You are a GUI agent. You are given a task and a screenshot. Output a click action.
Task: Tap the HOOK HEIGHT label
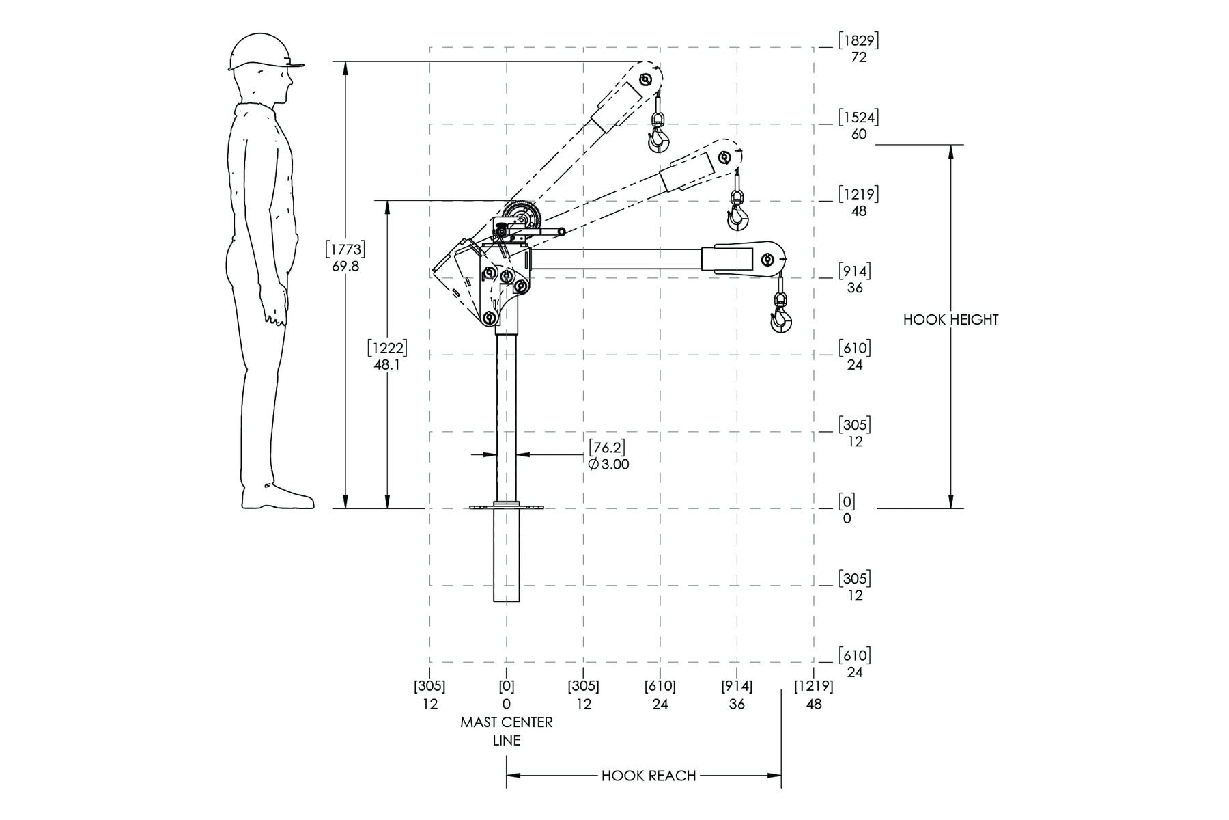(x=950, y=319)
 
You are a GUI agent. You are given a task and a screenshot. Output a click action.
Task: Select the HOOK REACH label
(x=649, y=776)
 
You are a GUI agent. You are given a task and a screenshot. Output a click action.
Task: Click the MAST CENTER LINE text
(x=507, y=731)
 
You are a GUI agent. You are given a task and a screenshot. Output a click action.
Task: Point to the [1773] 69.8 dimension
(x=345, y=257)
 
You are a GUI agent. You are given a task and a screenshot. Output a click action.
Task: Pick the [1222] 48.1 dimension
(x=387, y=356)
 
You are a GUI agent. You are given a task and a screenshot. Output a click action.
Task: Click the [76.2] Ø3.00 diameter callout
(x=608, y=455)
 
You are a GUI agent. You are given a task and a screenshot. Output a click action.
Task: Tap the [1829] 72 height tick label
(x=859, y=49)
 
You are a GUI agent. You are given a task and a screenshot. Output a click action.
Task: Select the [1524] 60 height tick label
(x=859, y=125)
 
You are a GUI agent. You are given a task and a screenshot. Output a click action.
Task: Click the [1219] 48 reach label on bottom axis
(x=814, y=694)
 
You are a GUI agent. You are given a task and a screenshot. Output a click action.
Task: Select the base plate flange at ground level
(x=507, y=507)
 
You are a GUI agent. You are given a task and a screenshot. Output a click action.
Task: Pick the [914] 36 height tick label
(x=854, y=279)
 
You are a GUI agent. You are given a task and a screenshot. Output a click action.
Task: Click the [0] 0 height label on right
(x=847, y=510)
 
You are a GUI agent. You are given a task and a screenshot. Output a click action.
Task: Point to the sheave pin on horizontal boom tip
(x=767, y=260)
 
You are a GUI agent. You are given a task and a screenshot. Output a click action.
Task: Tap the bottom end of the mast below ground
(x=507, y=601)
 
